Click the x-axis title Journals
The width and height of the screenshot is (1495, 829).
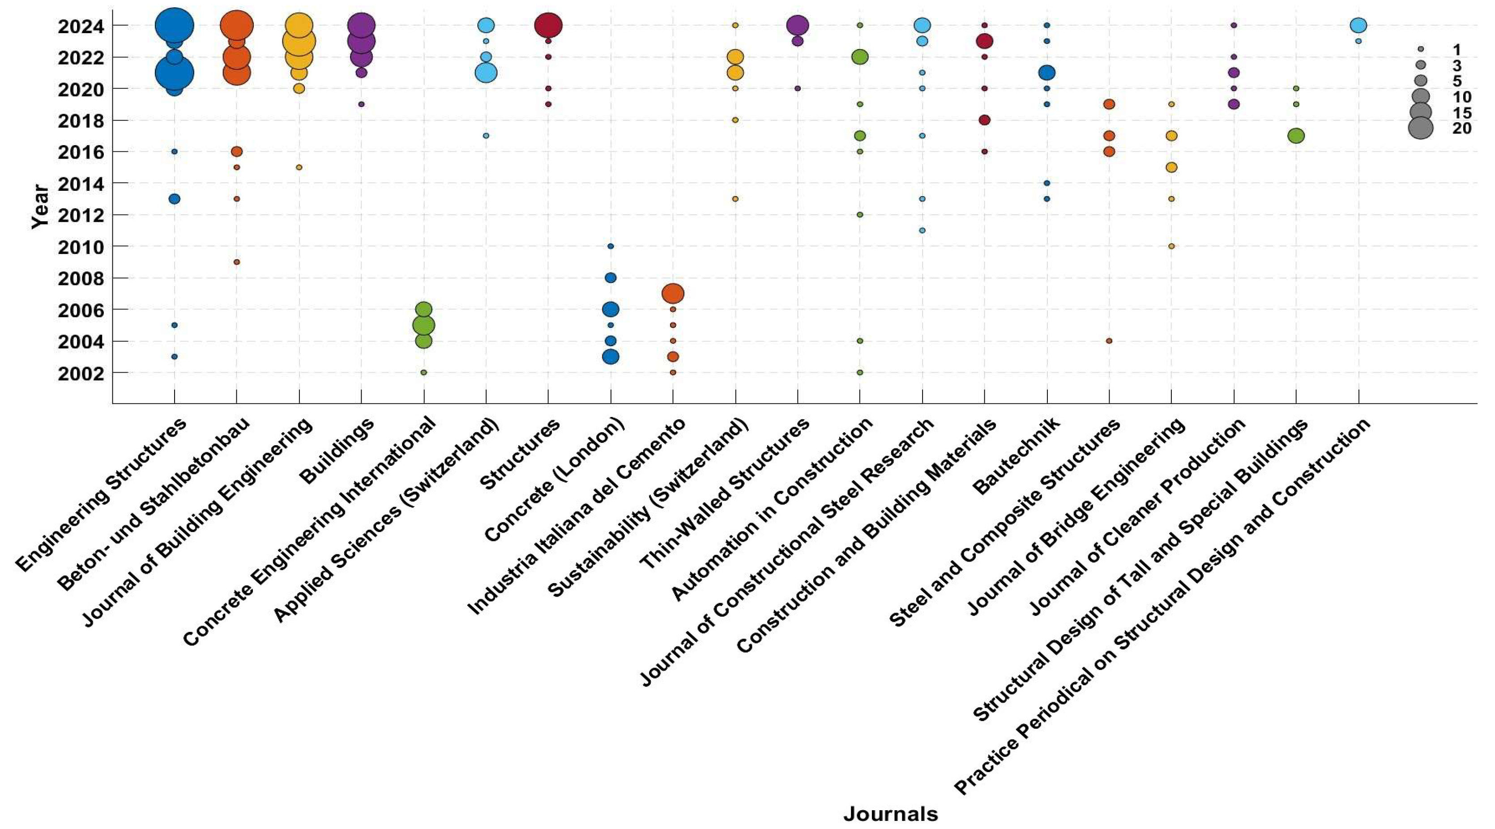pos(890,814)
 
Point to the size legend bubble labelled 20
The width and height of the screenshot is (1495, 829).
pos(1421,128)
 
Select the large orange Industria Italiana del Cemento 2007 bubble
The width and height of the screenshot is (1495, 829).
pos(673,294)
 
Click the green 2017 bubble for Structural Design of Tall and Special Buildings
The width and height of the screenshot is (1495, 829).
pos(1296,136)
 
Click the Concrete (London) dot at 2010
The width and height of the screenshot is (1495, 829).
pos(611,246)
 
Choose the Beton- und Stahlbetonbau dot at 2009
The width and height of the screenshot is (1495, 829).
pos(237,262)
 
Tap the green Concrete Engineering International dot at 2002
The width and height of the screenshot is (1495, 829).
pos(424,373)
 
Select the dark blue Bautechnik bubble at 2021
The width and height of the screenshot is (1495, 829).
pos(1046,73)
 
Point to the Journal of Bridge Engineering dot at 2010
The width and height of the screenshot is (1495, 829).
pos(1171,246)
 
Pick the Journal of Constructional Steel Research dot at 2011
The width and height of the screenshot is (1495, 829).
pos(922,231)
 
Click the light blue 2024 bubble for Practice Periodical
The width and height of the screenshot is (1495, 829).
pos(1358,26)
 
